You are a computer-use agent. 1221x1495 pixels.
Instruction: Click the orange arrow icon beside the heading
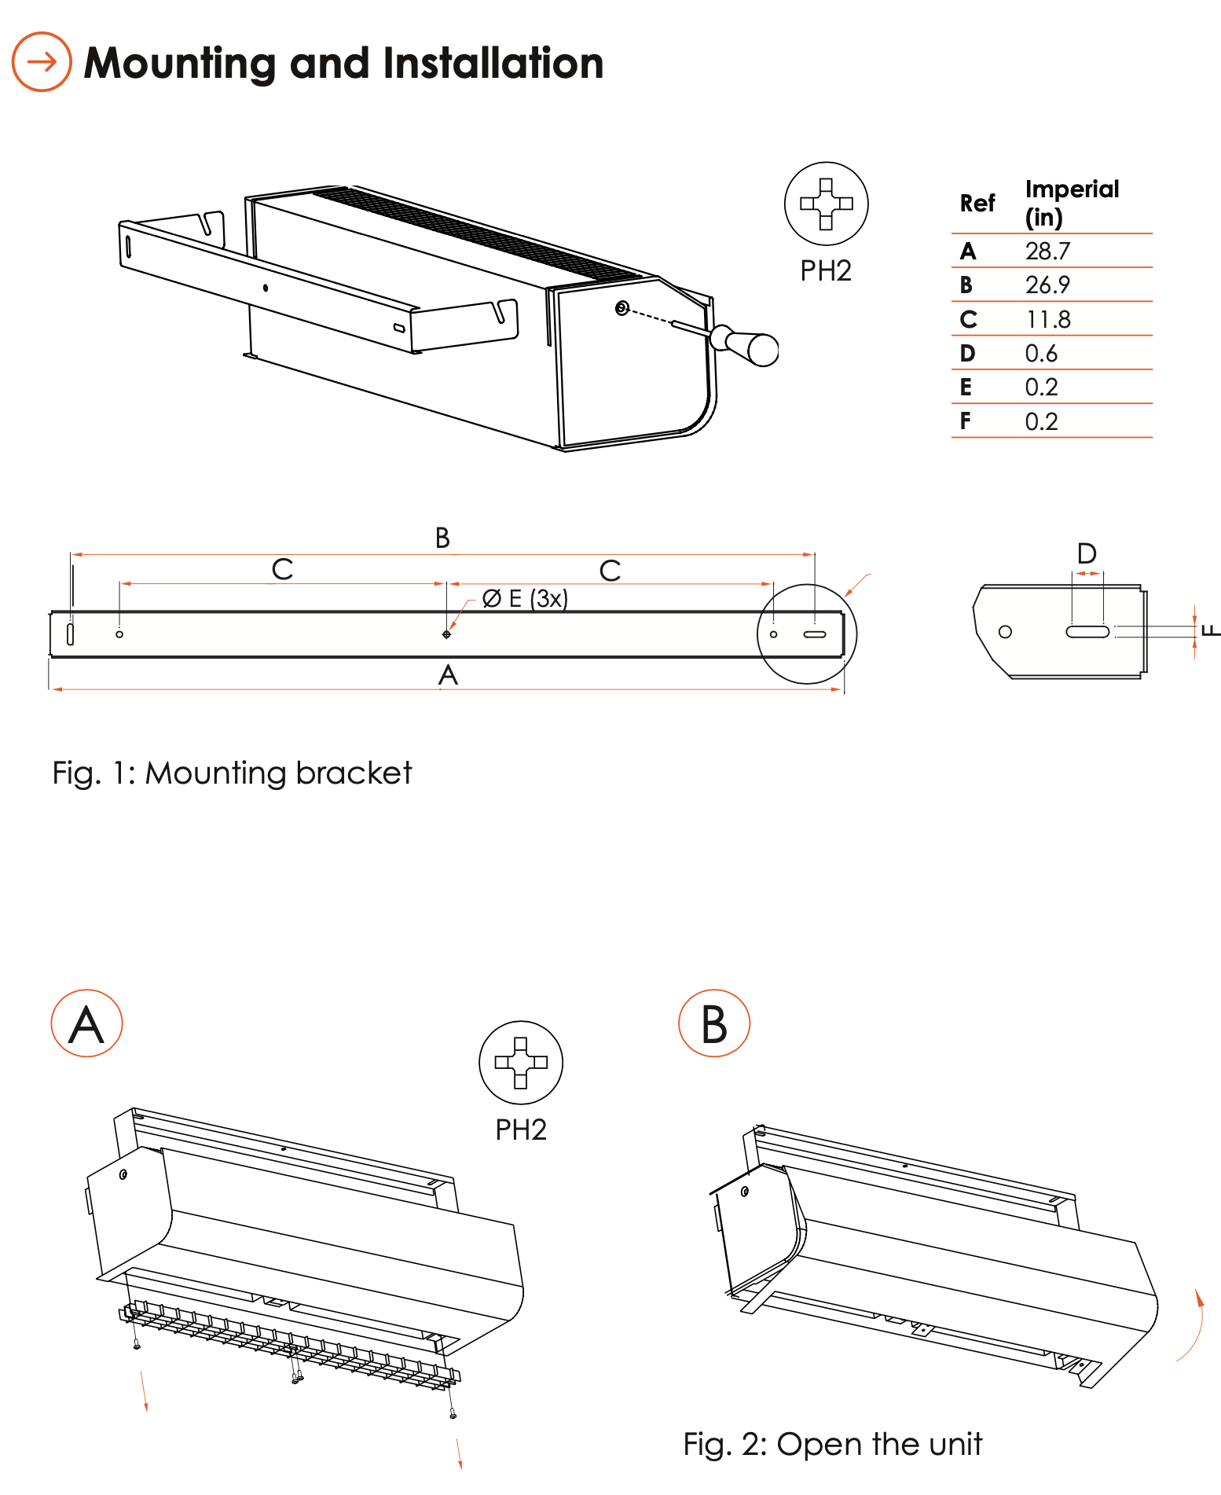(x=42, y=62)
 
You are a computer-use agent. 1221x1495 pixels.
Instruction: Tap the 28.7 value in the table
(x=1047, y=252)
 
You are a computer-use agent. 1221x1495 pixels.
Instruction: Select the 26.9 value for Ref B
(x=1047, y=285)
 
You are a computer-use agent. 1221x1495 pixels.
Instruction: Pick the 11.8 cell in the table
(x=1047, y=320)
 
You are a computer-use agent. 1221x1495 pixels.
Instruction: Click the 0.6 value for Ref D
(x=1041, y=354)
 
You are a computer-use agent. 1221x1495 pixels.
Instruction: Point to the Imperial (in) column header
(x=1072, y=203)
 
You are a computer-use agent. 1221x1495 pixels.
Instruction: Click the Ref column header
(x=977, y=204)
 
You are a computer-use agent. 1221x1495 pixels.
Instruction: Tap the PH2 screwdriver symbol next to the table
(x=826, y=204)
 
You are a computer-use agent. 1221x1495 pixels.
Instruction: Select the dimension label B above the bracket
(x=442, y=538)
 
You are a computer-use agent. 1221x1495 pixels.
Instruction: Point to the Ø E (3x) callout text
(x=525, y=599)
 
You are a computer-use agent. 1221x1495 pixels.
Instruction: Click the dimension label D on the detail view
(x=1087, y=554)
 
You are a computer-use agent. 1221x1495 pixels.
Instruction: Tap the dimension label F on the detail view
(x=1211, y=630)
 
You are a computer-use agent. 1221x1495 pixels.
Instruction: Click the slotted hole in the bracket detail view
(x=1087, y=631)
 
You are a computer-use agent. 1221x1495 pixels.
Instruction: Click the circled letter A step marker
(x=86, y=1023)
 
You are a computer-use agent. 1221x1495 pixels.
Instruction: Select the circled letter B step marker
(x=714, y=1023)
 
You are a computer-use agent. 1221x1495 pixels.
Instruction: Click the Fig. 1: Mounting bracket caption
(x=232, y=773)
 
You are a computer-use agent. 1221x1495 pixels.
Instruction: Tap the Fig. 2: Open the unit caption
(x=832, y=1445)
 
